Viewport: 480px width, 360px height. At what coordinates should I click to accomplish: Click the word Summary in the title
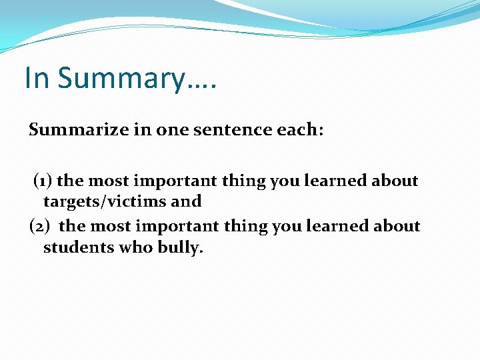(x=119, y=79)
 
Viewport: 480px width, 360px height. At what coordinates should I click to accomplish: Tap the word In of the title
(x=37, y=77)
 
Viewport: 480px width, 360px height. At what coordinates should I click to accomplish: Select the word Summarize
(x=73, y=130)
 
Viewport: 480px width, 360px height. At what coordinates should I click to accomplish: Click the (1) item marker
(x=43, y=181)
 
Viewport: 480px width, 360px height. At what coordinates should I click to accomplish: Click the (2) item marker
(x=41, y=226)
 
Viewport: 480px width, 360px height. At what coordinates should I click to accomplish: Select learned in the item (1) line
(x=335, y=181)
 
